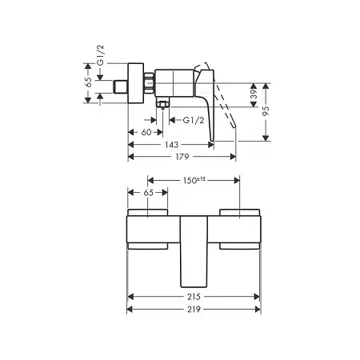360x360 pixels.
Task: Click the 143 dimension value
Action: [171, 145]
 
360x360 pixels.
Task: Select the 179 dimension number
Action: [182, 157]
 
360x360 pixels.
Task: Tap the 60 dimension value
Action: [146, 132]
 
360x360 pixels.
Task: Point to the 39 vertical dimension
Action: [254, 94]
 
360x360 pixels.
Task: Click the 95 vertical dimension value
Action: [266, 110]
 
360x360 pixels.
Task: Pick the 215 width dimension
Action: [194, 297]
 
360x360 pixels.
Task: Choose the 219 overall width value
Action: [194, 310]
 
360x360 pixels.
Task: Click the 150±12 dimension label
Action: [194, 180]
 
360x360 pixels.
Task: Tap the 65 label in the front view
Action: [149, 193]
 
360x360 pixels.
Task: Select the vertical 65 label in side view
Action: [88, 82]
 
